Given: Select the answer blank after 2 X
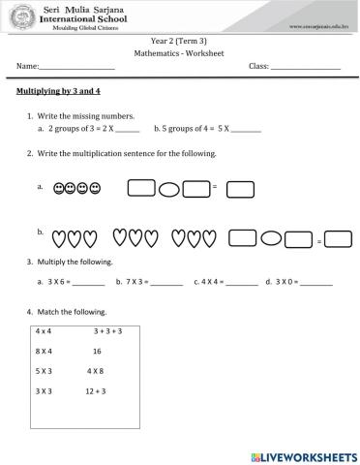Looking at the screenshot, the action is coord(127,128).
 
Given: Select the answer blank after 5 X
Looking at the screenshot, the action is coord(247,128).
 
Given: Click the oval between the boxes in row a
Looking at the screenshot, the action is coord(168,187).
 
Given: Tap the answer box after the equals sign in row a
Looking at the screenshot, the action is coord(240,188).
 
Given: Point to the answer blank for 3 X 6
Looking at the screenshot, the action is coord(88,283).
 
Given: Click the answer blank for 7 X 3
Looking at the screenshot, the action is coord(166,283).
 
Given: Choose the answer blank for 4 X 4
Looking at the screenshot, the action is coord(242,283).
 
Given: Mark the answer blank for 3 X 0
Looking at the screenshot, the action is coord(315,283).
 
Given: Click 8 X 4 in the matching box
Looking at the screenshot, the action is coord(44,351).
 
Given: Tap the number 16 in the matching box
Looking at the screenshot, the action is coord(97,351).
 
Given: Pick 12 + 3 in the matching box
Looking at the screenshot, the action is coord(96,390).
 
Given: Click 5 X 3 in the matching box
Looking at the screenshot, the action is coord(44,371).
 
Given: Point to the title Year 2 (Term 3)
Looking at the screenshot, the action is coord(179,42).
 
